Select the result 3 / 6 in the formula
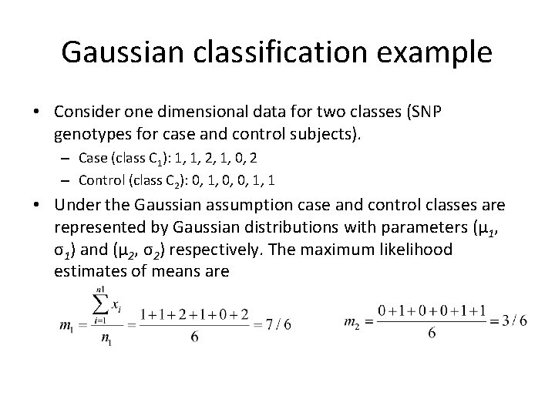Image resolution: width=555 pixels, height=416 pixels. point(513,321)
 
